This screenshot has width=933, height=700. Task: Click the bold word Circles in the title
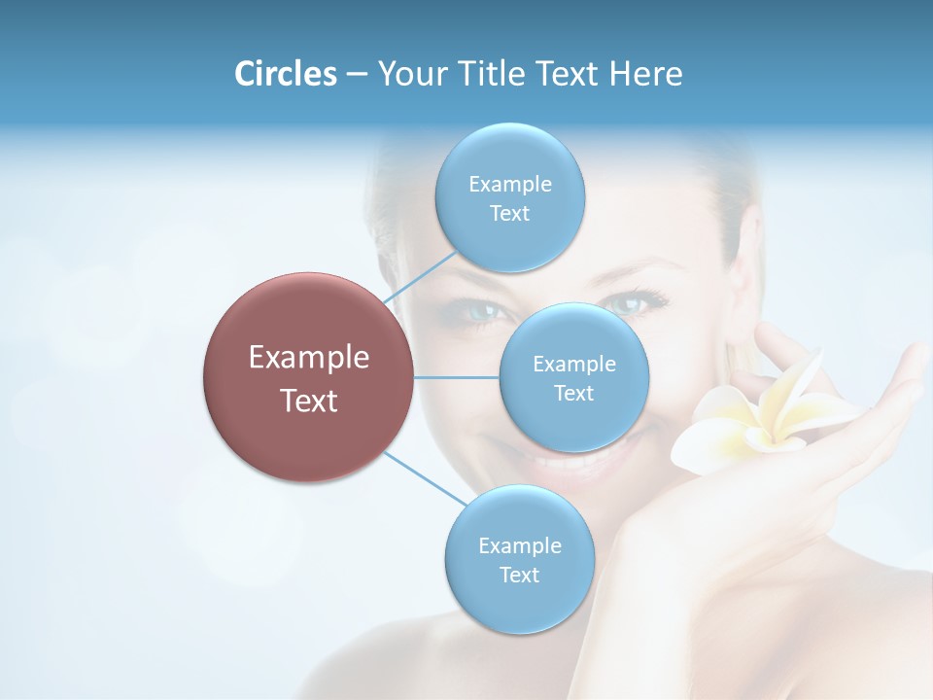(285, 74)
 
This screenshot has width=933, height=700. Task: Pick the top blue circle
(509, 197)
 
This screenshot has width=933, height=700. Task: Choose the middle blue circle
(573, 377)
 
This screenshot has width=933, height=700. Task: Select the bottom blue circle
(519, 560)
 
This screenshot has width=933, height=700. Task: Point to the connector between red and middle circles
(456, 377)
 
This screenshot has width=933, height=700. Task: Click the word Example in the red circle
(308, 358)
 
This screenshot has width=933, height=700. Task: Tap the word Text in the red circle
(308, 401)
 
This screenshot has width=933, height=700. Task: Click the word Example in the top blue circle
(509, 184)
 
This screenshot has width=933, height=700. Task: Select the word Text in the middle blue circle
(573, 393)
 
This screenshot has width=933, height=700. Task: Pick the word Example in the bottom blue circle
(519, 545)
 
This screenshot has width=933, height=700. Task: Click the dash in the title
(357, 74)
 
